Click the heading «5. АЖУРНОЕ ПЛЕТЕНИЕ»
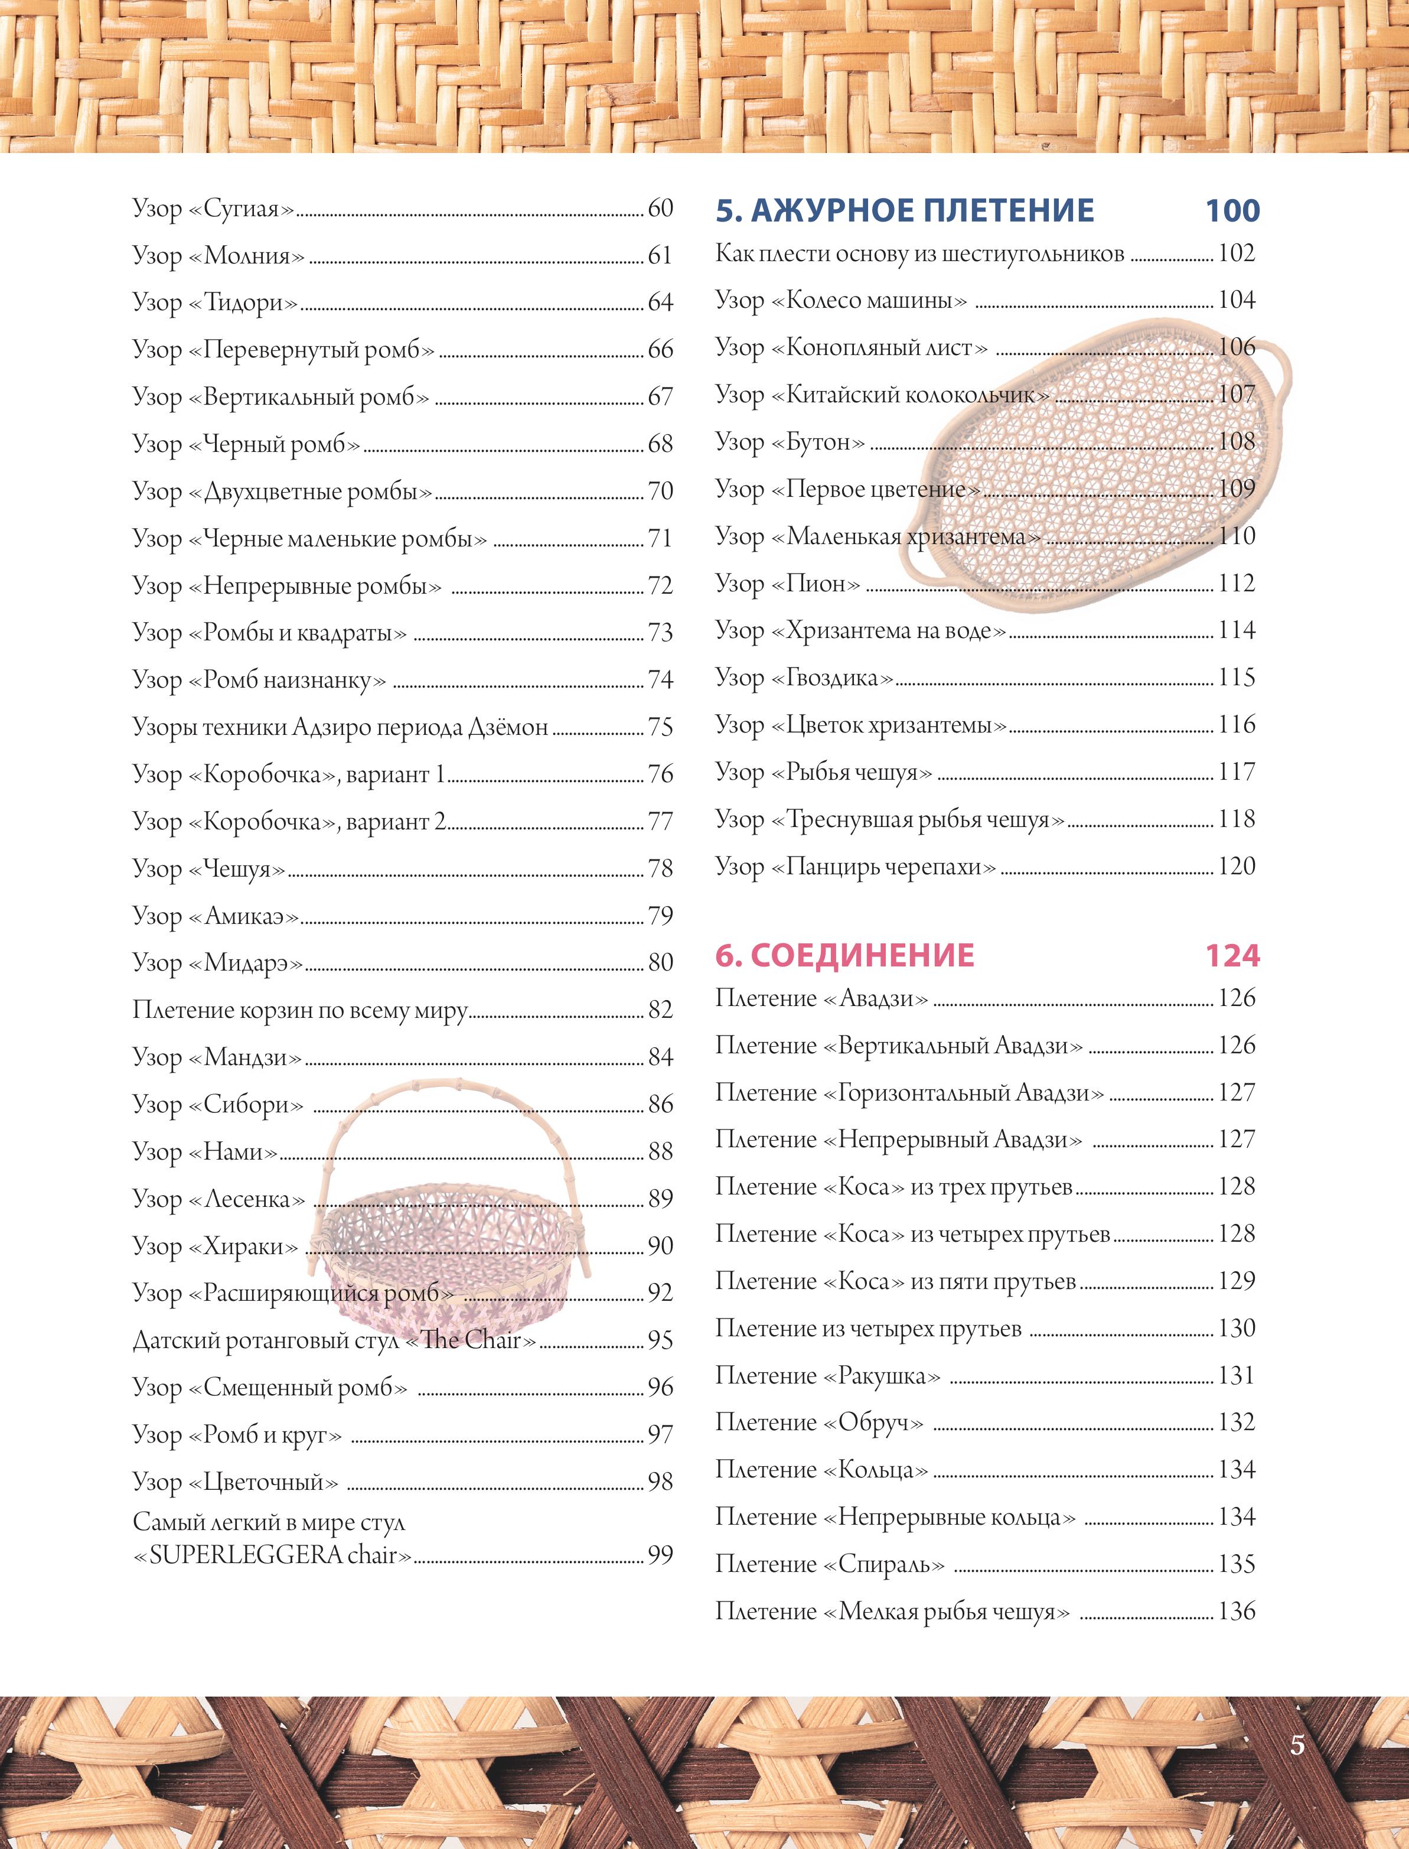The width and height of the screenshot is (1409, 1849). point(904,210)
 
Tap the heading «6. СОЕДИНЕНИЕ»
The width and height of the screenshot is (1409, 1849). point(844,956)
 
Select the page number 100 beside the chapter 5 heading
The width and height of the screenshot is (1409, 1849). point(1232,210)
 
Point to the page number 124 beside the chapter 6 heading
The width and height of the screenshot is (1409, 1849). point(1232,956)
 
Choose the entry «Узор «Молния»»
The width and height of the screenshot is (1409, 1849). point(218,255)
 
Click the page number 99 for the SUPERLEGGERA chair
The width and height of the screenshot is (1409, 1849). point(660,1555)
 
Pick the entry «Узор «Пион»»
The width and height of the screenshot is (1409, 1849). point(788,583)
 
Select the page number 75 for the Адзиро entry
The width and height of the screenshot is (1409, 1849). point(660,727)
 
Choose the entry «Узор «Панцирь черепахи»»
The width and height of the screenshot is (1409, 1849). point(856,866)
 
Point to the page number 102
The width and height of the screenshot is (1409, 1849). point(1236,252)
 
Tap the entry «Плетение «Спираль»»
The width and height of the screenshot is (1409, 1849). point(830,1564)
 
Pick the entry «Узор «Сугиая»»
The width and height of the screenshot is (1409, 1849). point(214,207)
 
